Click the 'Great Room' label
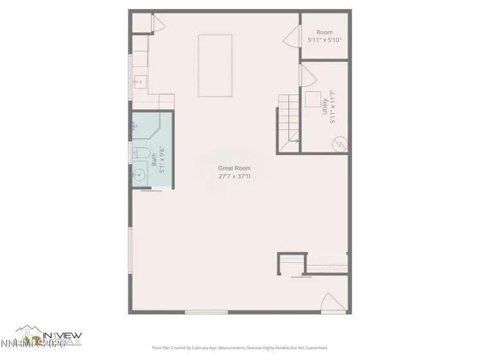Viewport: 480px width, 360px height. [x=234, y=168]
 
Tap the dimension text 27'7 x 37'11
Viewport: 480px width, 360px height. [x=234, y=175]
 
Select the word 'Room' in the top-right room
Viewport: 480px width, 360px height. [x=324, y=32]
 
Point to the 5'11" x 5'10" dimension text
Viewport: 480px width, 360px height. [x=324, y=40]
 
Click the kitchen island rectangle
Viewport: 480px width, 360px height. [x=215, y=66]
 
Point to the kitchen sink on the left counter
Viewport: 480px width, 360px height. [x=140, y=82]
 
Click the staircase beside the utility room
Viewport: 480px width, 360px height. [x=289, y=118]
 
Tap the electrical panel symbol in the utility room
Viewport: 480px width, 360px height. [x=339, y=143]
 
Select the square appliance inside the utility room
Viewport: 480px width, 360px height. [x=314, y=100]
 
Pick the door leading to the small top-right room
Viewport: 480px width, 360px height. [x=294, y=37]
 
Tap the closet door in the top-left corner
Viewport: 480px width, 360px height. [x=158, y=24]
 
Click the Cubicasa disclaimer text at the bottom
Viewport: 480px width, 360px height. [x=240, y=347]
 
